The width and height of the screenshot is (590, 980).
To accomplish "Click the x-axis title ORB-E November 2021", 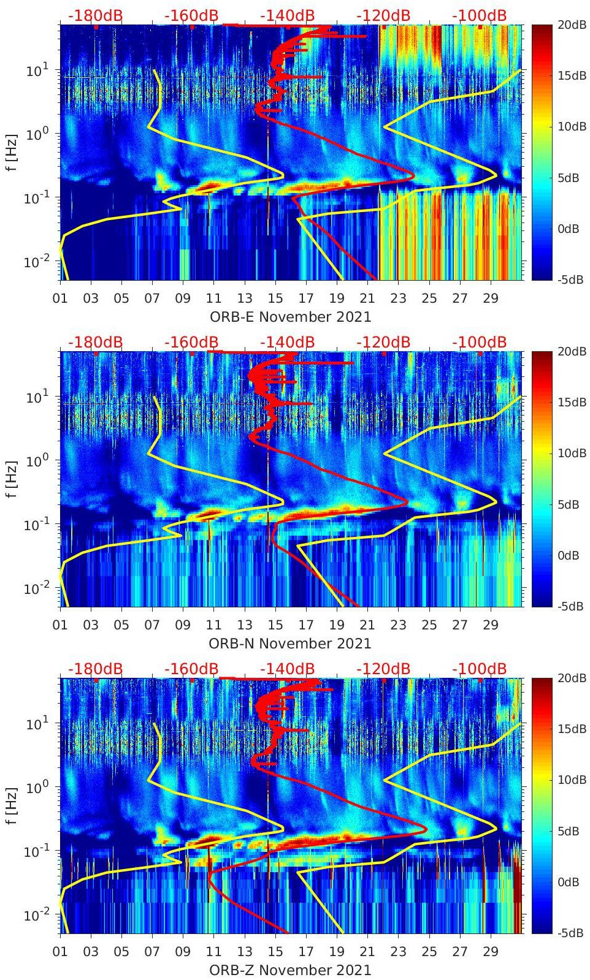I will (x=290, y=317).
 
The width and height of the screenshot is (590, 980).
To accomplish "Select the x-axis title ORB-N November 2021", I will (x=290, y=644).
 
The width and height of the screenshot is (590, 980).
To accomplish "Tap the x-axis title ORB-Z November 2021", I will (x=290, y=970).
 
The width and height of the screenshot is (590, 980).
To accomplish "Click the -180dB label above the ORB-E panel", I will (x=95, y=15).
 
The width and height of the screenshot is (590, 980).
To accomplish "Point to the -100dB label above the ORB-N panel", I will (x=480, y=342).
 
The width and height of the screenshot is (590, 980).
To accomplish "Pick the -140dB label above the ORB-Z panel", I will (x=287, y=669).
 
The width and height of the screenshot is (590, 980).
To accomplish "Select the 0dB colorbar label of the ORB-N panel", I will (x=568, y=555).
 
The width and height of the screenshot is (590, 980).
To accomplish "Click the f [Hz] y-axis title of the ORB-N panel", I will (x=12, y=479).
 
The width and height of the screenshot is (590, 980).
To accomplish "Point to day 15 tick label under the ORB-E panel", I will (x=275, y=298).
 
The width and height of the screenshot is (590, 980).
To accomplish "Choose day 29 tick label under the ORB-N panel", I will (x=491, y=625).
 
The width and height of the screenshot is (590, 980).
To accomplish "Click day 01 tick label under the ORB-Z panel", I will (x=60, y=952).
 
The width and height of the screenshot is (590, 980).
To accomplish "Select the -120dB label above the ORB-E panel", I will (x=383, y=15).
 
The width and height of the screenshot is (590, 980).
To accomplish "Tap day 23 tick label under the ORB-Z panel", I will (x=399, y=952).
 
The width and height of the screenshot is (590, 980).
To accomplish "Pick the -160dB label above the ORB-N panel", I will (x=191, y=342).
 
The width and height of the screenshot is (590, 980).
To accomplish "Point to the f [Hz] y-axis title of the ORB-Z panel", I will (x=12, y=805).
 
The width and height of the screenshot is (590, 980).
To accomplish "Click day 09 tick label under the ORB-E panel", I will (x=183, y=298).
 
